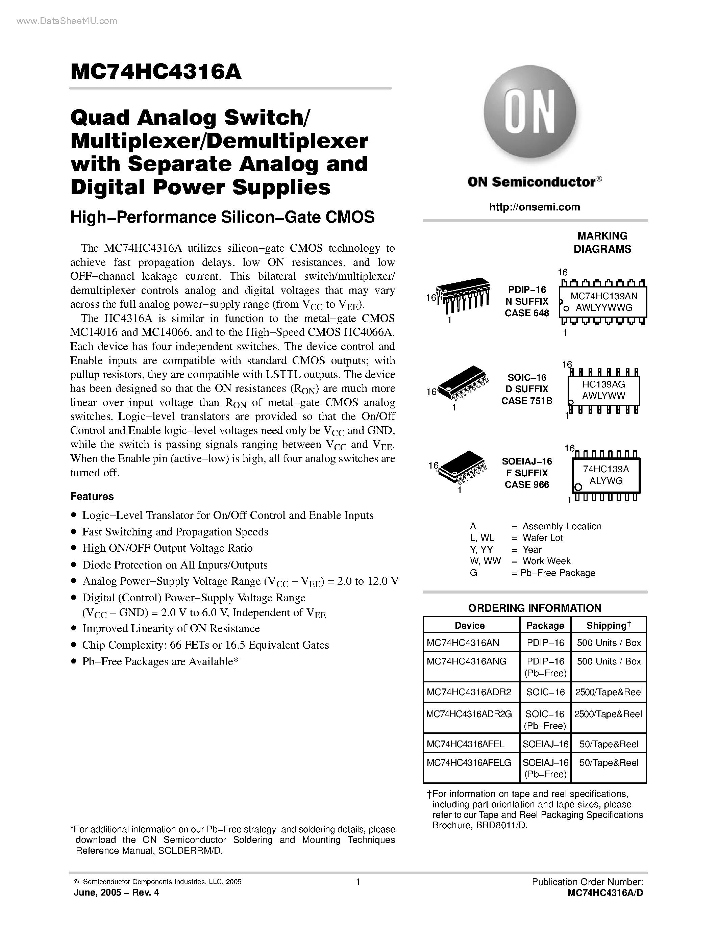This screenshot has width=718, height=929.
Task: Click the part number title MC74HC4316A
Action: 156,72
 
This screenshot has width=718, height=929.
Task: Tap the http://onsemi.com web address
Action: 534,207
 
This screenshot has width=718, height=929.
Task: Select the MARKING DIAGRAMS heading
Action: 602,243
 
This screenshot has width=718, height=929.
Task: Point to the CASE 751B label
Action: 527,401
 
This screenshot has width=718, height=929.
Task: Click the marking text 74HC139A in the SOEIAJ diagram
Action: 606,469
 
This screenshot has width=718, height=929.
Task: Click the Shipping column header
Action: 608,625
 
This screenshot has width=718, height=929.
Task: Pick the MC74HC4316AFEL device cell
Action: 465,744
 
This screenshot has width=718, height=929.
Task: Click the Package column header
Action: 545,625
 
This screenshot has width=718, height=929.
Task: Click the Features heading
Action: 92,496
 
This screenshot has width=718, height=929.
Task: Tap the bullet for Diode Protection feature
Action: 74,565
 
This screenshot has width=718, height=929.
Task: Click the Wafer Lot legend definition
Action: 542,538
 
